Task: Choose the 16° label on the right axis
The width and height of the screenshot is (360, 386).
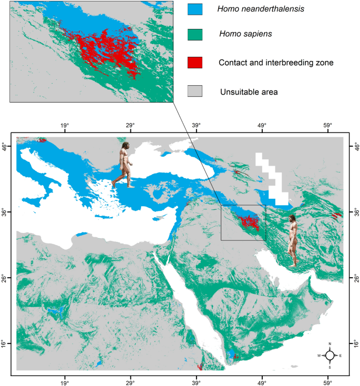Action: (355, 343)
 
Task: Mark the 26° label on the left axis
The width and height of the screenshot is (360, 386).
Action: (5, 277)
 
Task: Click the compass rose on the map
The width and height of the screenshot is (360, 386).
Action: (330, 355)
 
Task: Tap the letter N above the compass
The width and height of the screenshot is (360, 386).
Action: (330, 344)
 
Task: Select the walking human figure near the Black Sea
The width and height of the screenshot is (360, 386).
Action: (124, 164)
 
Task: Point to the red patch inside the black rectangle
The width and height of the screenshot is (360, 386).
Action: (248, 222)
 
